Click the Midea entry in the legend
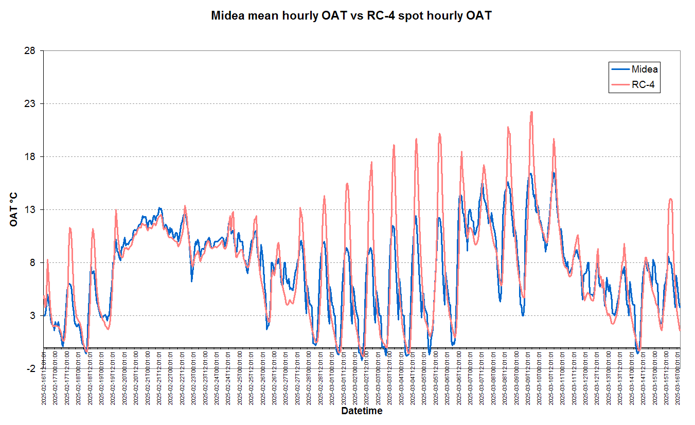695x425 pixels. [x=645, y=69]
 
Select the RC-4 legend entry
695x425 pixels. [x=643, y=85]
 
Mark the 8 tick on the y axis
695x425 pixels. [x=32, y=263]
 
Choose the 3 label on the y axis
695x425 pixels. [x=32, y=316]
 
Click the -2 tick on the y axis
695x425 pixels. [x=31, y=369]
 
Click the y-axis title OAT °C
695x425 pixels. [x=14, y=210]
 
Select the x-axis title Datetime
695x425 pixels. [x=362, y=412]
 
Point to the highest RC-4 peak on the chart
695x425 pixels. [x=531, y=112]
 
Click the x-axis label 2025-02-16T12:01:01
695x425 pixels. [x=44, y=378]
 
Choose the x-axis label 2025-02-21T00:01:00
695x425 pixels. [x=148, y=378]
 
